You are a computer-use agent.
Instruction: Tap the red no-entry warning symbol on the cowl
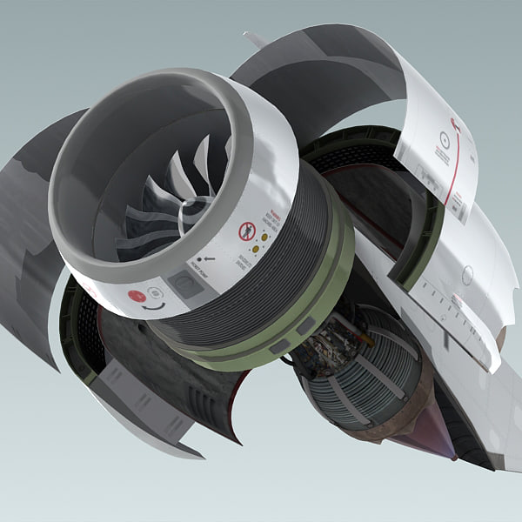247,231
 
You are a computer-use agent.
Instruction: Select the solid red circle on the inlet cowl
137,295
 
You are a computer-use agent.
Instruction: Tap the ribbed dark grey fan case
287,261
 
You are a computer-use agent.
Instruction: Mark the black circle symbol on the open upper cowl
445,137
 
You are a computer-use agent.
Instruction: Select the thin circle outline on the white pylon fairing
467,275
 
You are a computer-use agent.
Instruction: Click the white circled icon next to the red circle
154,293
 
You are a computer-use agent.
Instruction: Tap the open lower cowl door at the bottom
165,400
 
